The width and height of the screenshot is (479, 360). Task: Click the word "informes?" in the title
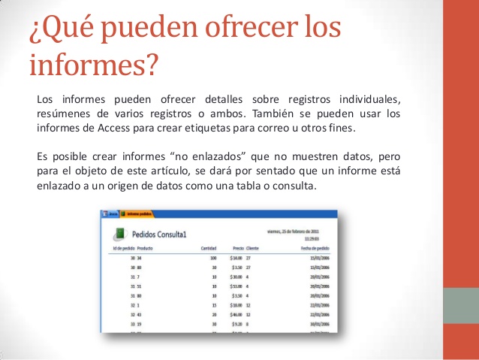[95, 65]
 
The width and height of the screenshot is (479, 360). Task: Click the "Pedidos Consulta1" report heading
[160, 234]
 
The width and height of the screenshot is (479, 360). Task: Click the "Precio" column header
[238, 248]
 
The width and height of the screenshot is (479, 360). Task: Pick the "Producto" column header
[146, 248]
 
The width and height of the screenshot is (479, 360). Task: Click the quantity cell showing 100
[214, 258]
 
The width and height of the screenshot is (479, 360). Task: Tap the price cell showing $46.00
[235, 316]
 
